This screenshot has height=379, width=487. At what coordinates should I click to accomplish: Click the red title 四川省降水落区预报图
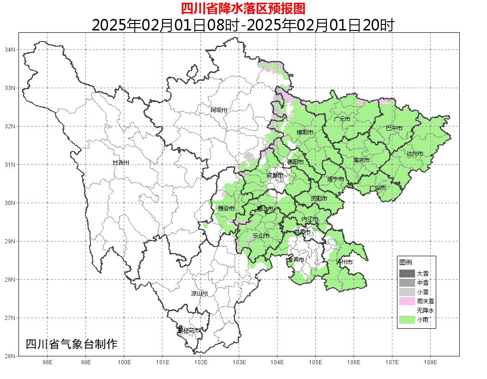tap(243, 9)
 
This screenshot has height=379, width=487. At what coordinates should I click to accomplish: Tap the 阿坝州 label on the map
tap(219, 110)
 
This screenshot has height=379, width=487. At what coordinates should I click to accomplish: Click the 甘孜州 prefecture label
tap(121, 163)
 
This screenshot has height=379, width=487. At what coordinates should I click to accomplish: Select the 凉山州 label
tap(199, 294)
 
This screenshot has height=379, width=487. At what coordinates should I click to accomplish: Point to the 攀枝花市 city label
tap(189, 331)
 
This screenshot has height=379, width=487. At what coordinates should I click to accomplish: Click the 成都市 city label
tap(276, 175)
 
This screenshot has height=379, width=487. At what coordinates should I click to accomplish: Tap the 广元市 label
tap(342, 119)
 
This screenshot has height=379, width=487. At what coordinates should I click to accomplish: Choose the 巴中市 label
tap(394, 128)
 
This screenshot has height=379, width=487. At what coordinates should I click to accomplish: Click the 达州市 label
tap(415, 154)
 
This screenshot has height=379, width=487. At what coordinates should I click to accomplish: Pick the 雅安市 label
tap(226, 209)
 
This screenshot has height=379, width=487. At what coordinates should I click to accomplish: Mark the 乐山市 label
tap(261, 236)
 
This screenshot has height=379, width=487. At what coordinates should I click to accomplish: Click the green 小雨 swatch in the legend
tap(407, 319)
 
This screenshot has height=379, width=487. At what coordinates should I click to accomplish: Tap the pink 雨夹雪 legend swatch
tap(407, 301)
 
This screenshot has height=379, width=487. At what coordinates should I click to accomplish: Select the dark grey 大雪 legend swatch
tap(407, 274)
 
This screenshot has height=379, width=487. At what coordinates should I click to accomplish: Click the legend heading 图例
tap(406, 262)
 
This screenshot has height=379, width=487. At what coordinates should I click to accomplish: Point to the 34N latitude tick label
tap(10, 49)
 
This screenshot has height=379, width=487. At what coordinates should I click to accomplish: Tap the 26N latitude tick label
tap(10, 356)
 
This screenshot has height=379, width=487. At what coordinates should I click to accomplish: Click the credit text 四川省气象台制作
tap(72, 344)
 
